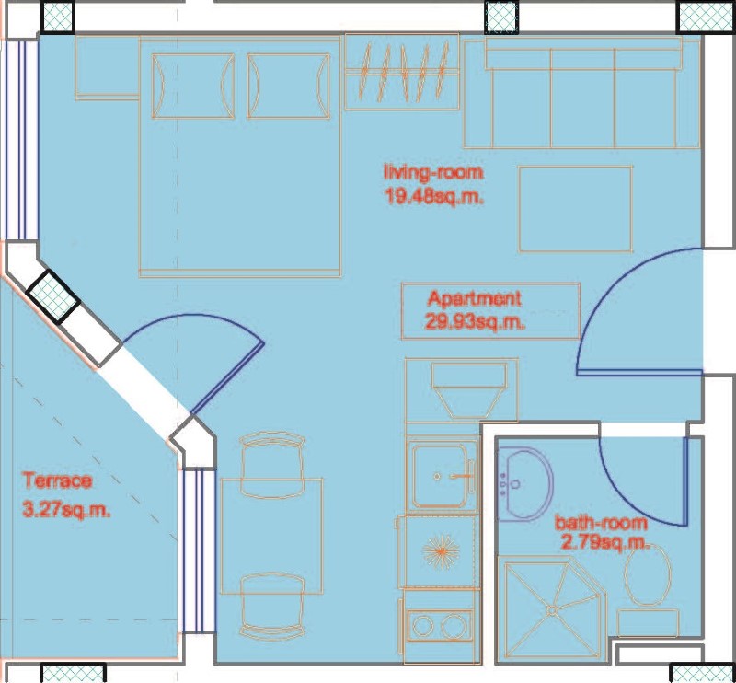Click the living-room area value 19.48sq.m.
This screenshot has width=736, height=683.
pos(434,196)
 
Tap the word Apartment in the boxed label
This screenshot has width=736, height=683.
pos(475,299)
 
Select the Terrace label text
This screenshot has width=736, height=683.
pos(57,481)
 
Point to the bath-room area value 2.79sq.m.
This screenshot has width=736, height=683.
pos(605,543)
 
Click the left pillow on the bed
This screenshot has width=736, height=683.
pos(193,86)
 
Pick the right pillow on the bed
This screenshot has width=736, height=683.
pos(288,86)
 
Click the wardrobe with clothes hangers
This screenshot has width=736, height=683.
pos(402,72)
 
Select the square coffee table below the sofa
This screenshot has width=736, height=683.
pos(576,209)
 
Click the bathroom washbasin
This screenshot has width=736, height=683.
pos(525,484)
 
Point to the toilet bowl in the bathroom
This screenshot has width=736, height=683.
pos(648,575)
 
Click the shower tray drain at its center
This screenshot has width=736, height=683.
pos(552,610)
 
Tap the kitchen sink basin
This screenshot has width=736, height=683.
pos(440,476)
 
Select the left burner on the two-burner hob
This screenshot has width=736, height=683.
pos(423,626)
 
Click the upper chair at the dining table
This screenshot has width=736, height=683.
pos(271,465)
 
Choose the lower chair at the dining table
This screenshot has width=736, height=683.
pos(271,606)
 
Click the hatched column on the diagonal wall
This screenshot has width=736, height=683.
pos(53,295)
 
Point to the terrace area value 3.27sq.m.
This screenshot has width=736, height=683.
pos(66,510)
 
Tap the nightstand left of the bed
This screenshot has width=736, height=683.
pos(107,67)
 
